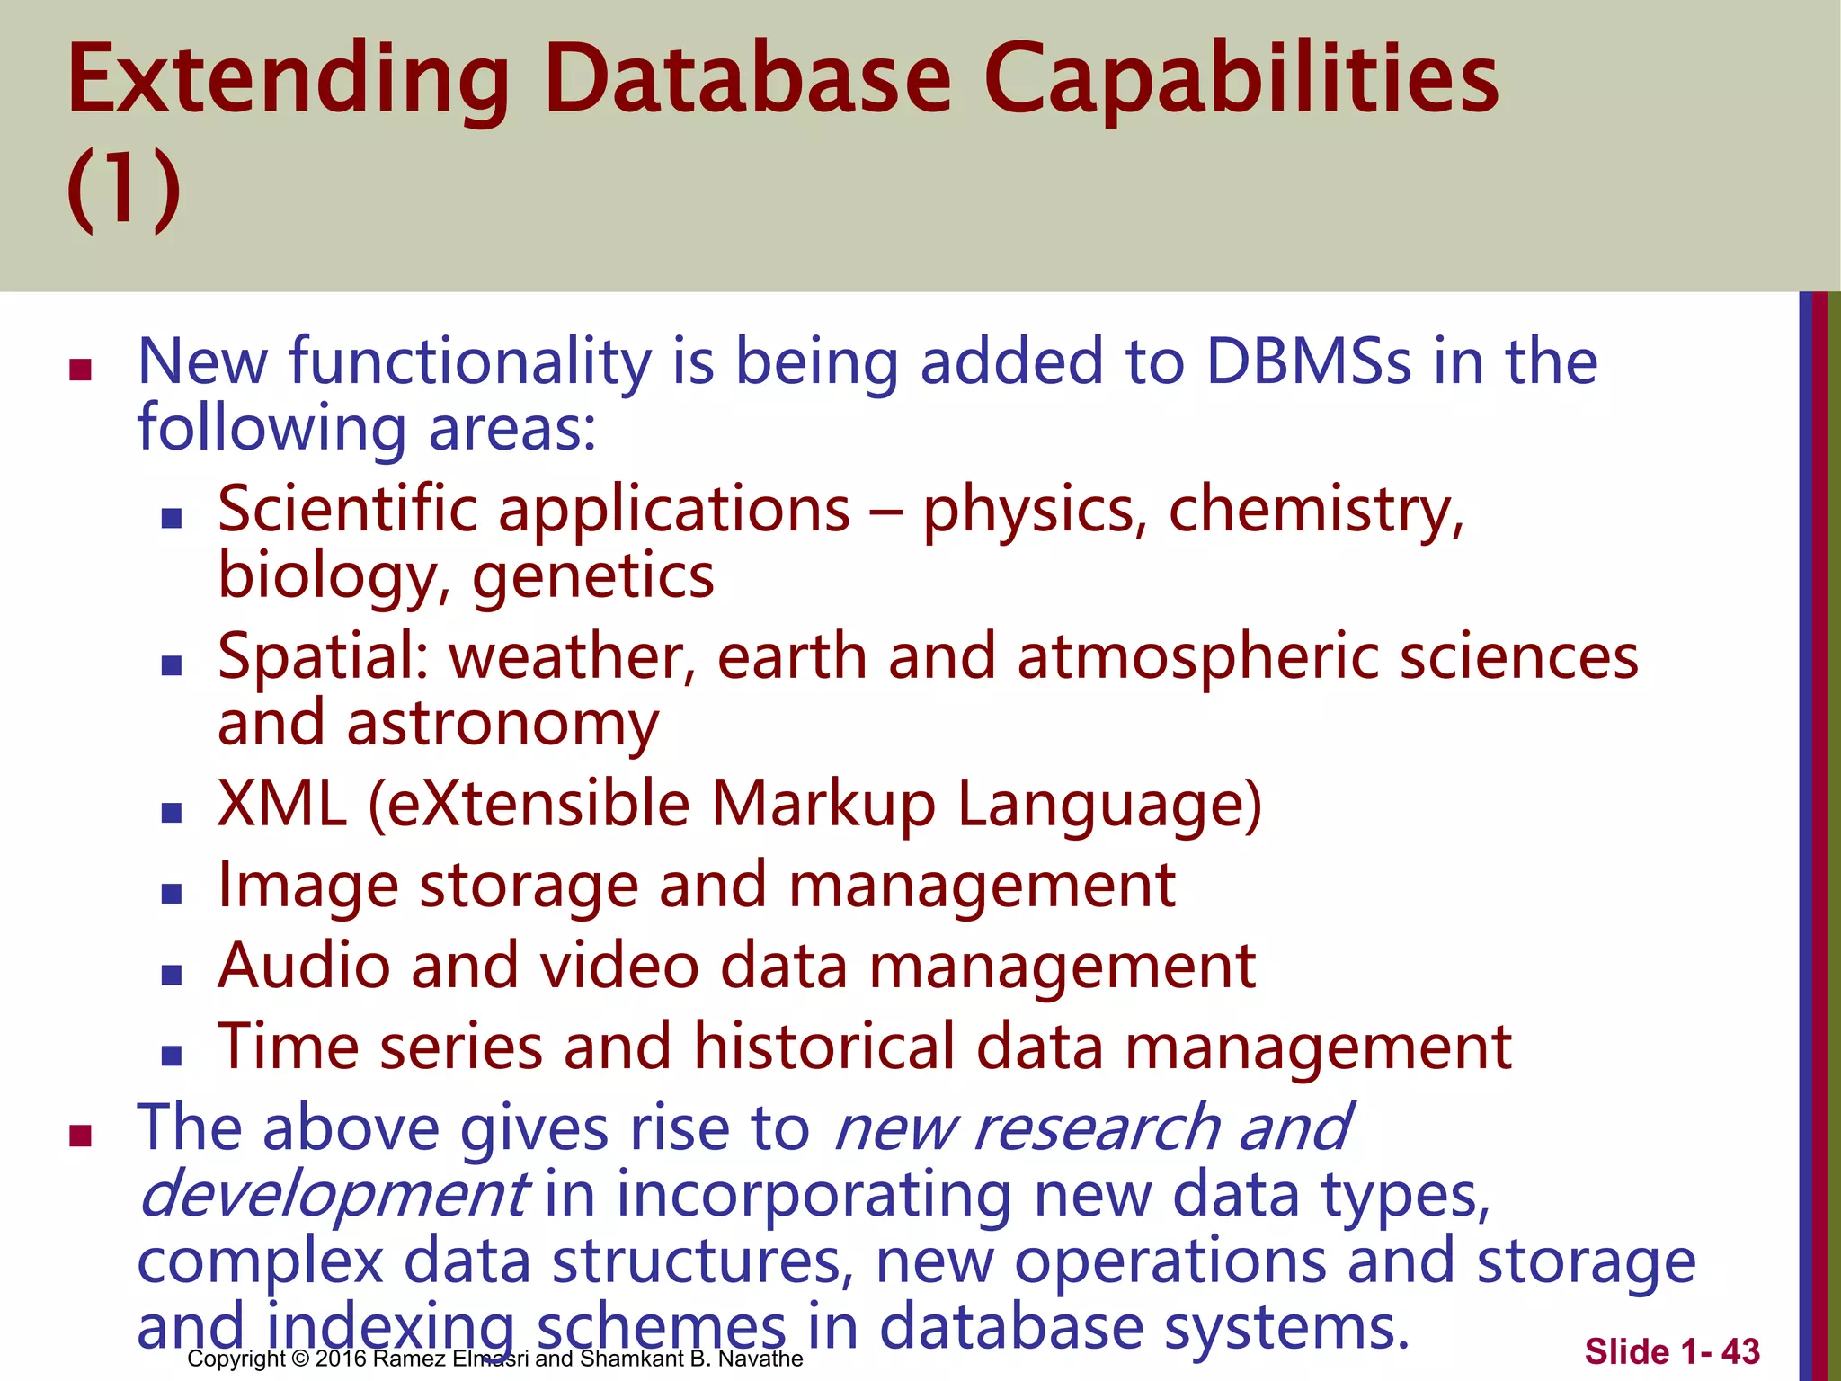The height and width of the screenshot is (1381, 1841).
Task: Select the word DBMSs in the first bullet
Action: (x=1308, y=362)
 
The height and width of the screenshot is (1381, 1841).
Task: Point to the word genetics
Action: (x=592, y=578)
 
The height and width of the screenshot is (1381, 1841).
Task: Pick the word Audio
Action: (x=304, y=967)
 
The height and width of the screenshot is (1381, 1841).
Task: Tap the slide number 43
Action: (x=1740, y=1351)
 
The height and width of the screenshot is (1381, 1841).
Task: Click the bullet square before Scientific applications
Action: (x=172, y=518)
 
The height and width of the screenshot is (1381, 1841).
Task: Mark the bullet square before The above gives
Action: (x=81, y=1136)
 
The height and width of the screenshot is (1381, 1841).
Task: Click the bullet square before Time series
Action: (x=172, y=1055)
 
